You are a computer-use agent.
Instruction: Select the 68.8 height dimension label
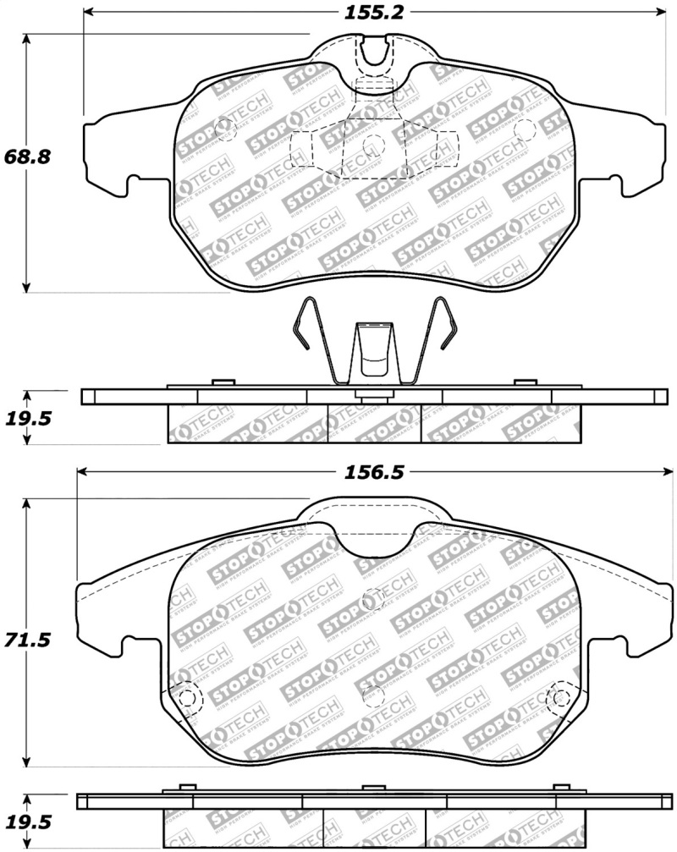coord(28,157)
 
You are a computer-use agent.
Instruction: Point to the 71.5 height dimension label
coord(28,640)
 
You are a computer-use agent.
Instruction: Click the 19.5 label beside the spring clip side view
coord(28,416)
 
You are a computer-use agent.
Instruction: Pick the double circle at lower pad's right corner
coord(559,698)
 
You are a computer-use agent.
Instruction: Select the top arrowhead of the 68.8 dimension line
coord(28,39)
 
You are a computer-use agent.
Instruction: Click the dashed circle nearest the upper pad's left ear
coord(225,130)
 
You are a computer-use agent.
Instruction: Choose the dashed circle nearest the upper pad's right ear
coord(526,130)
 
